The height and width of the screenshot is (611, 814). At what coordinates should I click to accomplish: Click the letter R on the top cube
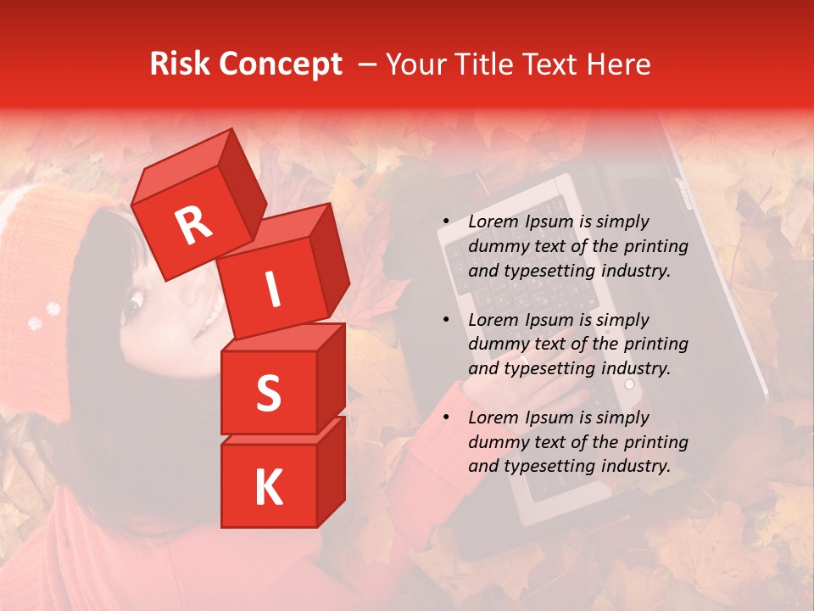(193, 226)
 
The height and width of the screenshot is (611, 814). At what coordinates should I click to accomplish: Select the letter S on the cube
(268, 394)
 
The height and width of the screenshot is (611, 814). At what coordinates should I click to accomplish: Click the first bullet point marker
(445, 222)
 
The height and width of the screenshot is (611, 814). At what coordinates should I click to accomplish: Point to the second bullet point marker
(445, 321)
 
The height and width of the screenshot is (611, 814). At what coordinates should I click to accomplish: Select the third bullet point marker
(445, 418)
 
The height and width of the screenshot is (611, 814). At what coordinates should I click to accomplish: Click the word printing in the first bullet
(658, 246)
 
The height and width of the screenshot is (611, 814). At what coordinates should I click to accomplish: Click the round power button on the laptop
(629, 384)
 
